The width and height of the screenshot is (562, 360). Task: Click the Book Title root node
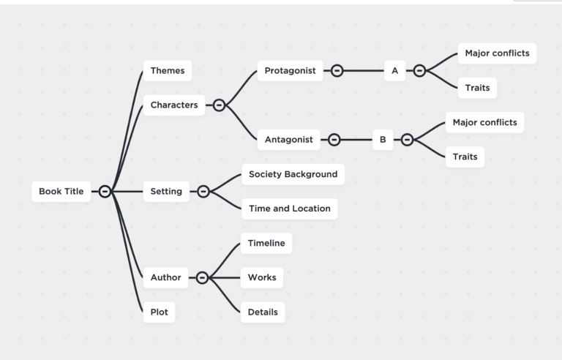61,192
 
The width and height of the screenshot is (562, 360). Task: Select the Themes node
168,71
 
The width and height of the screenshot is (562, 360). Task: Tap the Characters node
174,105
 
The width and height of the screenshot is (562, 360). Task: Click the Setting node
166,192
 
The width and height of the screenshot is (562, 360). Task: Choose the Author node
165,277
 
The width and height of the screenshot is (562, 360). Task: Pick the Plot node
159,312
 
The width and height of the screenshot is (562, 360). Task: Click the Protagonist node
290,71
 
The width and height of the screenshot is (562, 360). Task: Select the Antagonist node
288,139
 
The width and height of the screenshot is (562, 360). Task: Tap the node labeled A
394,71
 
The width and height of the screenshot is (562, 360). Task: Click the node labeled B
383,139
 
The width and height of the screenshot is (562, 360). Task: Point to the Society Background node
293,174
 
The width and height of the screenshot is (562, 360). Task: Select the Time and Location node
289,209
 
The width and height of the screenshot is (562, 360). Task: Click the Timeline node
266,243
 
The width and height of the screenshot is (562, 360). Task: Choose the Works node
262,277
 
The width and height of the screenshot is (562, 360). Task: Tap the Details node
263,312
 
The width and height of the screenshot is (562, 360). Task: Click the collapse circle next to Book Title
105,192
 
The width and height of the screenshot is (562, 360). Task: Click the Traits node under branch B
465,157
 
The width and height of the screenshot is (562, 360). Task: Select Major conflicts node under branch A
497,53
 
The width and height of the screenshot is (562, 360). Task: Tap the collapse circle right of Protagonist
337,71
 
